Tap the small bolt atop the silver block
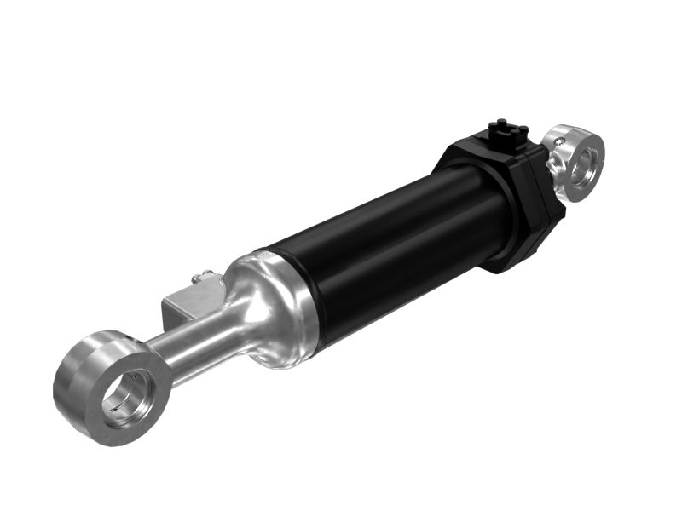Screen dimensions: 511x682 point(202,274)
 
